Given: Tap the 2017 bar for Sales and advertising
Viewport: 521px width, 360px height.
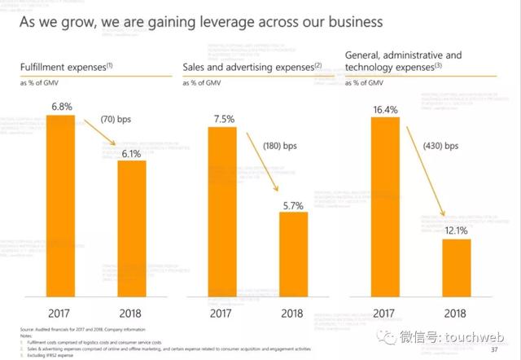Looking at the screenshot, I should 222,215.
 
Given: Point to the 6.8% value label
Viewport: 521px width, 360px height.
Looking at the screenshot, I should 59,107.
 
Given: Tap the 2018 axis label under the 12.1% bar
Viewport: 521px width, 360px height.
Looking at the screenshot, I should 457,313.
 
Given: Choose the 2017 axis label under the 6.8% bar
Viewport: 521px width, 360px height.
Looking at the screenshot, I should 59,313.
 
